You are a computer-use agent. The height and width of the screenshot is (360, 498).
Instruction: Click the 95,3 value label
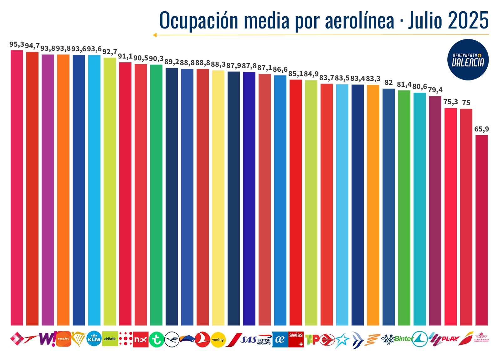(x=17, y=44)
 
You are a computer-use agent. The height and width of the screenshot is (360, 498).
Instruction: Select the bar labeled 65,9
(x=481, y=230)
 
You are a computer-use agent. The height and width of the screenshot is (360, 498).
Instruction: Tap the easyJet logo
(x=64, y=339)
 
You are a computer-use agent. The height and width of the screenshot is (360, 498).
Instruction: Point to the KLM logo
(x=94, y=339)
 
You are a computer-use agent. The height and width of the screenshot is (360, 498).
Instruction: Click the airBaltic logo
(x=110, y=339)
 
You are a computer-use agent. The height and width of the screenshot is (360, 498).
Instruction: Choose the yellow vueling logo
(x=218, y=340)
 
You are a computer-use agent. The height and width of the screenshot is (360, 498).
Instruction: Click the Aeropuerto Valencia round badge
(x=468, y=59)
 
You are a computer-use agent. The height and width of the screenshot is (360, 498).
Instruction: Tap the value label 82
(x=388, y=83)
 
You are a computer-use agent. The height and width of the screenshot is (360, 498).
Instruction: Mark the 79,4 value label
(x=435, y=90)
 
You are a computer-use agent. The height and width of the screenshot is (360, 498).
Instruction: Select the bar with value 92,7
(x=110, y=191)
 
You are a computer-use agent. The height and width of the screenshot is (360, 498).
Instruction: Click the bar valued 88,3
(x=218, y=198)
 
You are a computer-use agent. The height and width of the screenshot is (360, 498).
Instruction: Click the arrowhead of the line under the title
(x=155, y=35)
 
